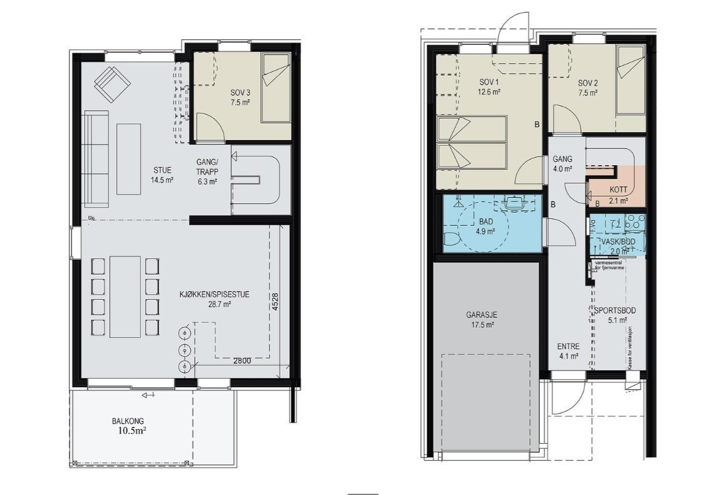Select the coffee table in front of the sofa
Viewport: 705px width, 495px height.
click(129, 159)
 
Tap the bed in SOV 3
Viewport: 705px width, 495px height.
click(275, 87)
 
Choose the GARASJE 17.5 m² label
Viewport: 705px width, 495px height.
click(480, 320)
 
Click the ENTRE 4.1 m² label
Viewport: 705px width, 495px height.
click(568, 351)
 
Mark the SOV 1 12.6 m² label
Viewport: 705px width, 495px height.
click(490, 86)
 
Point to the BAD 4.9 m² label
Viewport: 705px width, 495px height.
click(486, 226)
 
